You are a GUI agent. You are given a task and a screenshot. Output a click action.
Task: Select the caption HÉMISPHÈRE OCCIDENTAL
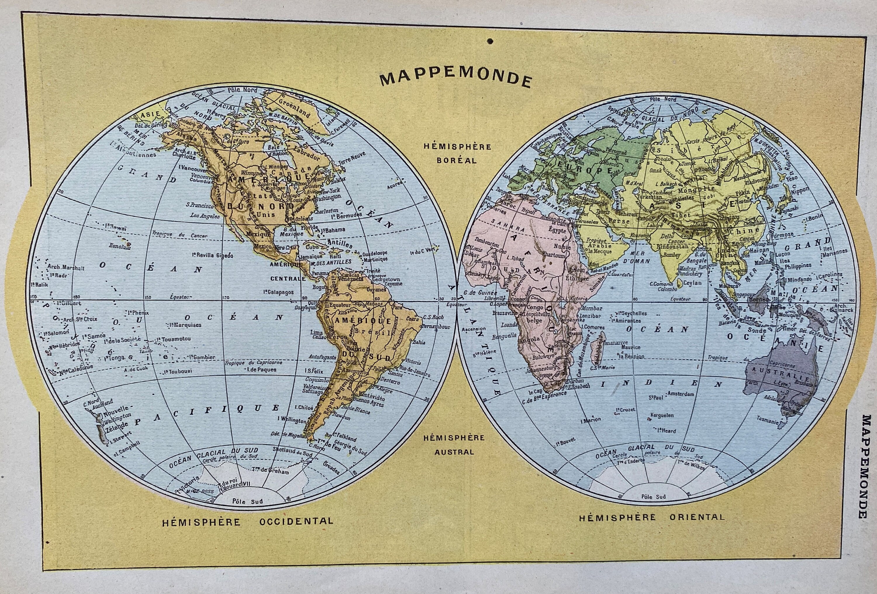coord(248,522)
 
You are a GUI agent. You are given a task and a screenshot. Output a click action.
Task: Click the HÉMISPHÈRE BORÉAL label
coord(457,153)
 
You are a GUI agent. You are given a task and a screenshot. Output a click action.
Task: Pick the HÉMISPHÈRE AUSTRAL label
coord(454,445)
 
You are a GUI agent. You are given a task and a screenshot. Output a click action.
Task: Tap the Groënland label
coord(294,105)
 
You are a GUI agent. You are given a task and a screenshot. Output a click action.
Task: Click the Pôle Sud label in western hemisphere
coord(248,502)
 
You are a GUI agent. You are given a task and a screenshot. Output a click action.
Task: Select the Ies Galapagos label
coord(279,292)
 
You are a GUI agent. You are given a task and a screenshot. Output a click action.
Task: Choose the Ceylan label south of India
coord(692,283)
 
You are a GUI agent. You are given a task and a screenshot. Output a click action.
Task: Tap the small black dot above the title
coord(490,41)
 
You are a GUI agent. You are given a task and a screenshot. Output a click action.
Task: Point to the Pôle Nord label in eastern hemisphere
coord(663,99)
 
